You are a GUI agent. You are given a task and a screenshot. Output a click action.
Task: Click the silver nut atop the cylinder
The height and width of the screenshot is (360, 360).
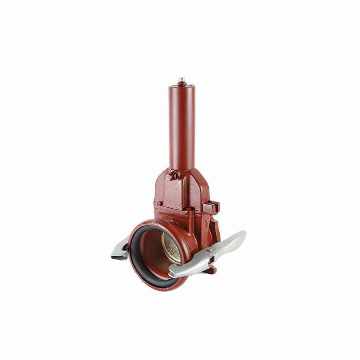[x=182, y=81]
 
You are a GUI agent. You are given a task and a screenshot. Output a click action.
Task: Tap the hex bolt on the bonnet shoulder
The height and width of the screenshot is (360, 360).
[x=171, y=176]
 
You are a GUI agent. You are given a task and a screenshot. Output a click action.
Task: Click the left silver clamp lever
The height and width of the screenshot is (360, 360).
[x=119, y=250]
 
